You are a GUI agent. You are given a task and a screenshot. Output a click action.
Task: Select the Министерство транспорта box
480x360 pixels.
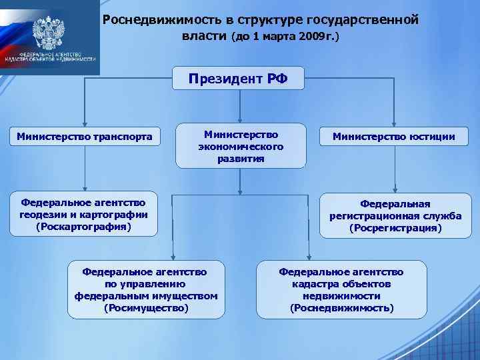[84, 137]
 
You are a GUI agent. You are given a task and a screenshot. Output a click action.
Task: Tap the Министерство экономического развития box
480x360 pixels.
[241, 145]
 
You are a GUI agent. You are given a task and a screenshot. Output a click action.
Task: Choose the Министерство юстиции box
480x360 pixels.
[395, 137]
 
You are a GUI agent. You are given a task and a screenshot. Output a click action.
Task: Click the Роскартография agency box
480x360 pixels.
[84, 215]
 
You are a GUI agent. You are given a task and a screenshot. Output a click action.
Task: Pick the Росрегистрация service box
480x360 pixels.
[395, 215]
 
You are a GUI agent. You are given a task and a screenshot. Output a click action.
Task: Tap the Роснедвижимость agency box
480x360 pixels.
[341, 289]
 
